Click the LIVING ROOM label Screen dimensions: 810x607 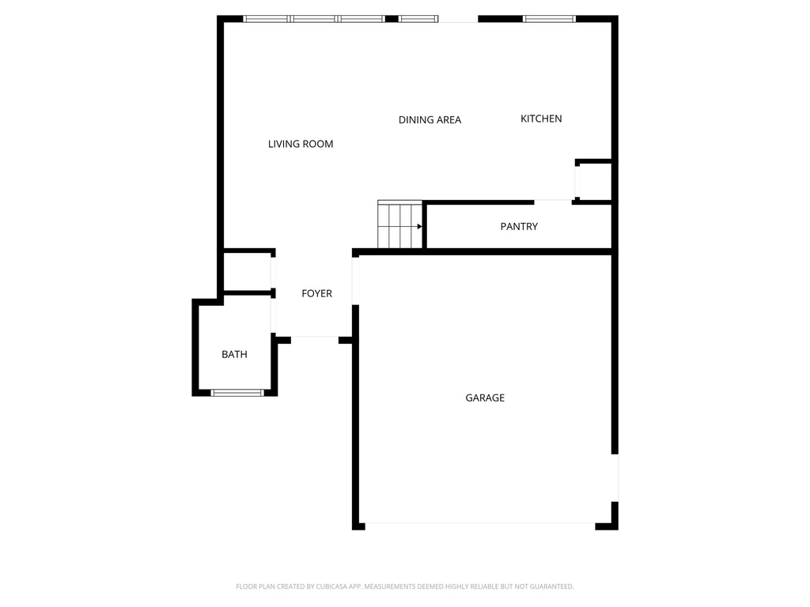[301, 144]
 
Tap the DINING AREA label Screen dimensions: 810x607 [430, 120]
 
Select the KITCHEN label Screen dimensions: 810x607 [541, 119]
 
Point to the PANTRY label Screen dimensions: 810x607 [519, 227]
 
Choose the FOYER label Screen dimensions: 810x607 [316, 293]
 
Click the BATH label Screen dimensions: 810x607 [234, 354]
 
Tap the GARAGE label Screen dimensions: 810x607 [485, 398]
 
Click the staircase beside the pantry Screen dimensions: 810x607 [399, 224]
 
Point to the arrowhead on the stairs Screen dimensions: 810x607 [419, 227]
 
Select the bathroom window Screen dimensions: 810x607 [237, 393]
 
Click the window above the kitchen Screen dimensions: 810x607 [549, 19]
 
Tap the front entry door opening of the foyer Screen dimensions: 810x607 [315, 337]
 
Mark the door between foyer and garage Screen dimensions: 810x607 [355, 281]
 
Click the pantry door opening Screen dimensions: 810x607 [553, 201]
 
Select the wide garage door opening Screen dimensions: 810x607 [480, 524]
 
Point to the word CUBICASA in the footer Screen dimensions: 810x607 [331, 586]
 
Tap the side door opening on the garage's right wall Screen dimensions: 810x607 [615, 478]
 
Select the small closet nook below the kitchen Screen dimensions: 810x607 [594, 181]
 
